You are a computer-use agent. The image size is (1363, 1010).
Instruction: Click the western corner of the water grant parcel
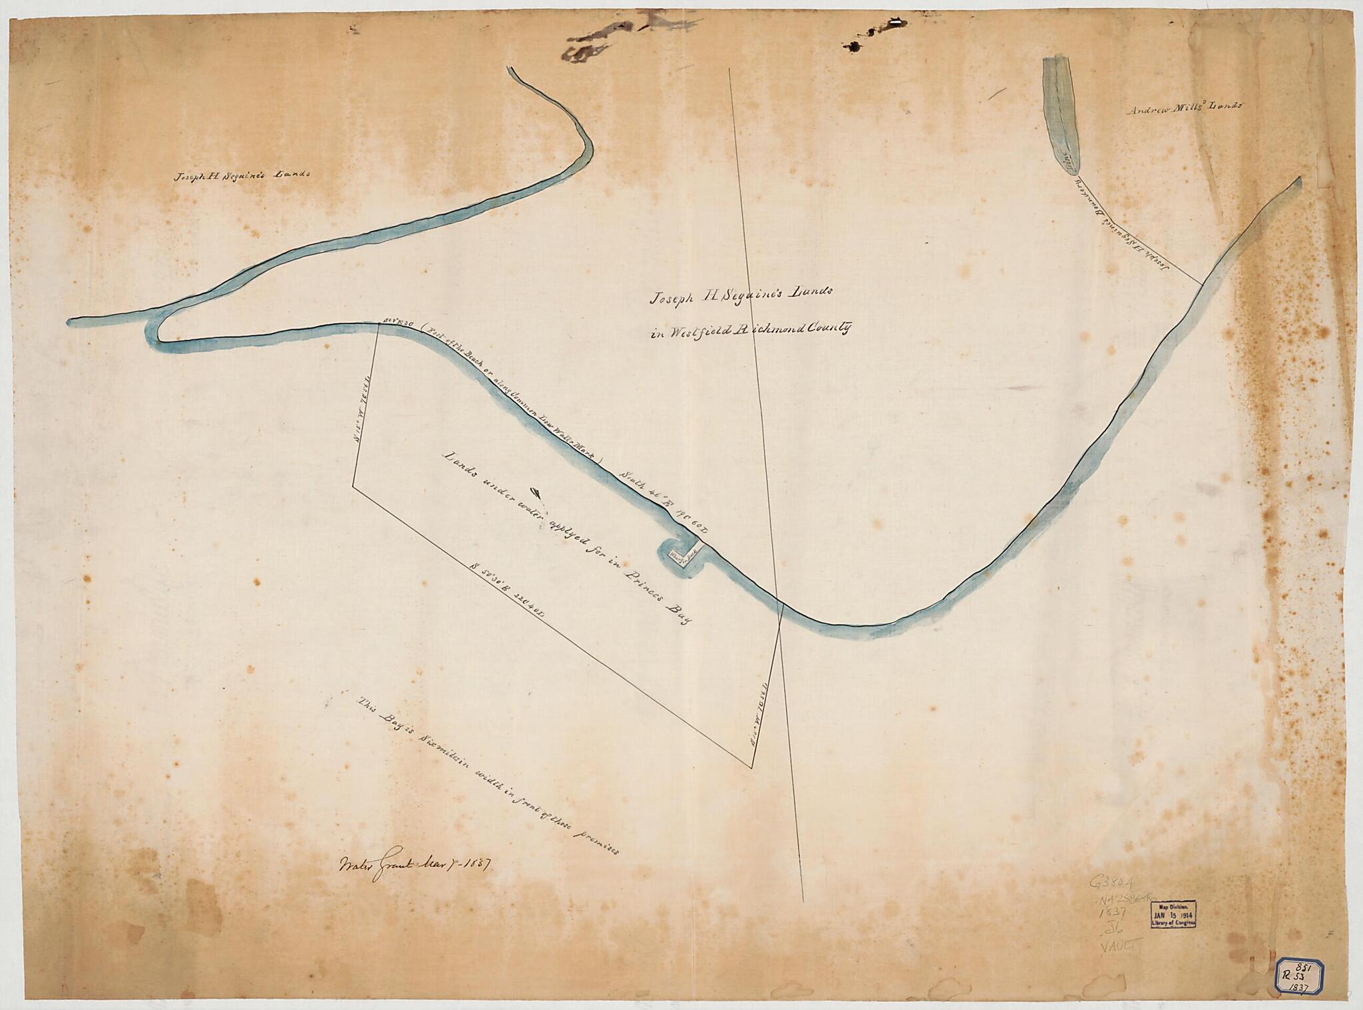point(353,488)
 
